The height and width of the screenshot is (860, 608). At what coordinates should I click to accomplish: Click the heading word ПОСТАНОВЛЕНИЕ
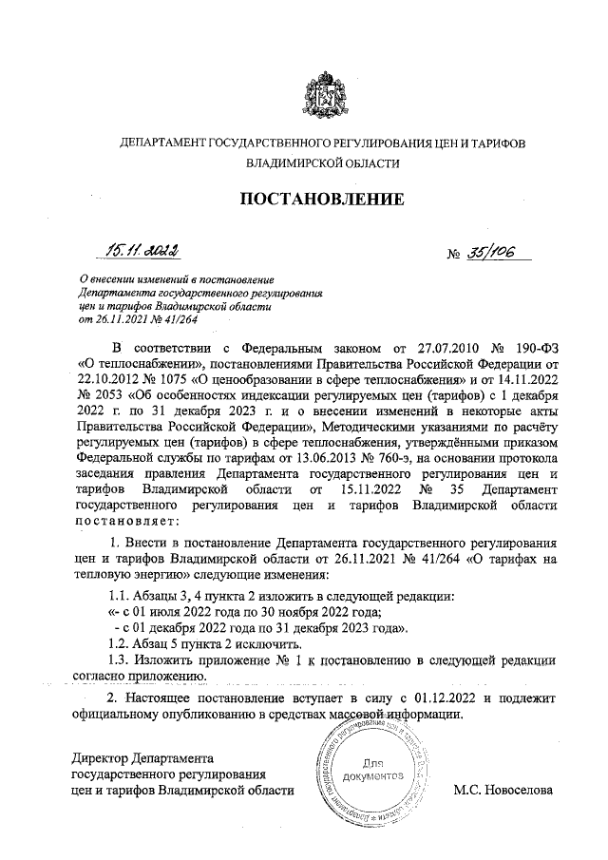tap(321, 200)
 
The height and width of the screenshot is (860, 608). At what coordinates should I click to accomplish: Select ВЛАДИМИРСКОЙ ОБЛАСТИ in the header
tap(322, 163)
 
